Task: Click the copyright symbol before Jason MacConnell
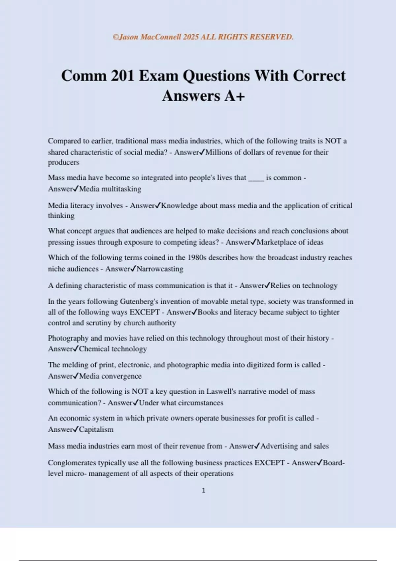click(x=115, y=37)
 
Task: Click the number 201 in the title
click(x=122, y=76)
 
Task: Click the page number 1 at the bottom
click(x=203, y=490)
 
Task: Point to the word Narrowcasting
click(x=160, y=269)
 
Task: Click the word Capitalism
click(x=96, y=430)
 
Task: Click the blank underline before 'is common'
click(x=256, y=178)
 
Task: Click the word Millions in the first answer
click(x=219, y=152)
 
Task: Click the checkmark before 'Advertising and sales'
click(x=257, y=446)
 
